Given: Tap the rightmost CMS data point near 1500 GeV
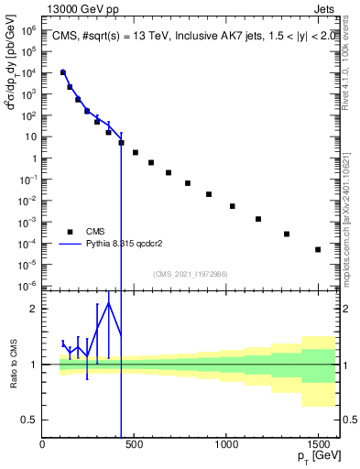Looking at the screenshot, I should [x=318, y=249].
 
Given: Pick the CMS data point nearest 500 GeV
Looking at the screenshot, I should [x=136, y=152].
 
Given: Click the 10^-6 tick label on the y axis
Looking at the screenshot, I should [x=28, y=286].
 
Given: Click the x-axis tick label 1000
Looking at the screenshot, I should [x=226, y=444].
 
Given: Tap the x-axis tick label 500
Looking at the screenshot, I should [x=135, y=444].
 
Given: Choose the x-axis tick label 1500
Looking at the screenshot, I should [x=318, y=444].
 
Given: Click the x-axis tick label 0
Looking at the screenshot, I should [x=43, y=444].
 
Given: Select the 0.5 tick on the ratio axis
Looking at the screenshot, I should [x=30, y=420].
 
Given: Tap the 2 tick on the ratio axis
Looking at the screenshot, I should [x=35, y=309].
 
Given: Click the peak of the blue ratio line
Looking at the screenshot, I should [x=109, y=302].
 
